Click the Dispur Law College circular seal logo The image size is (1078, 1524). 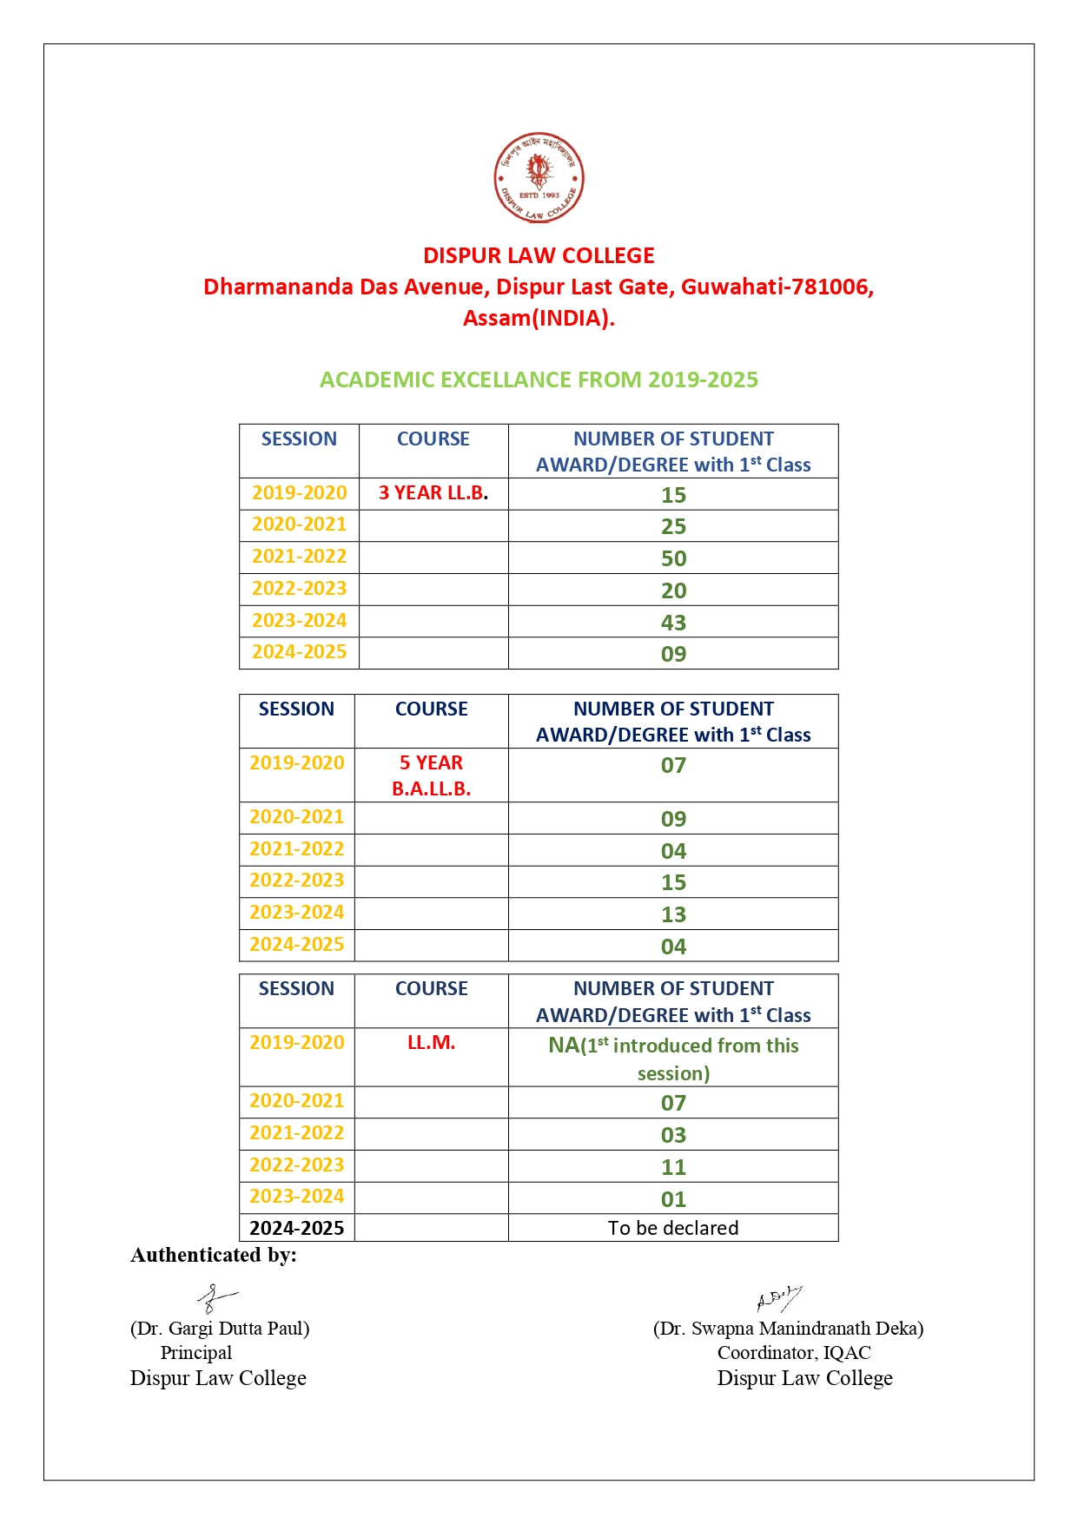click(x=539, y=177)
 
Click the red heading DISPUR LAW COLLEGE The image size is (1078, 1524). click(x=539, y=255)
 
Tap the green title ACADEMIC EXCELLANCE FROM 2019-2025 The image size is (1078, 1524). click(x=539, y=379)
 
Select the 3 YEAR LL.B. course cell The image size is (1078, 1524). click(x=433, y=493)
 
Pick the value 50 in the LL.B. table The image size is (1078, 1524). click(x=673, y=558)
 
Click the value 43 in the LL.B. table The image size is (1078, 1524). click(x=673, y=623)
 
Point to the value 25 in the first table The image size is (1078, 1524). click(x=673, y=526)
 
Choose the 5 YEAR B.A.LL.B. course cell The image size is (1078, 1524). click(x=431, y=775)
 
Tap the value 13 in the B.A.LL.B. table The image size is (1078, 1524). click(x=673, y=914)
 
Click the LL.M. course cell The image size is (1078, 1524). click(x=431, y=1042)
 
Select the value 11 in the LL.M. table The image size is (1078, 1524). click(x=673, y=1167)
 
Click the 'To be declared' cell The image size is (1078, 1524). click(x=673, y=1228)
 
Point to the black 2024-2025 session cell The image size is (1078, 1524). click(x=296, y=1228)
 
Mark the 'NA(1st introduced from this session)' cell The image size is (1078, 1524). click(x=673, y=1058)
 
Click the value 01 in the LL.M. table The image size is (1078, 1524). click(x=673, y=1199)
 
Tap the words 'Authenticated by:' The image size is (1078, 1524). click(x=214, y=1255)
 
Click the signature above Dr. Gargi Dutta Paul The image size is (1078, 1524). click(x=215, y=1299)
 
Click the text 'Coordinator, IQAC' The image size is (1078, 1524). click(x=793, y=1352)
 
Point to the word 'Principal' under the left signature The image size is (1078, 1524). click(x=196, y=1352)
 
